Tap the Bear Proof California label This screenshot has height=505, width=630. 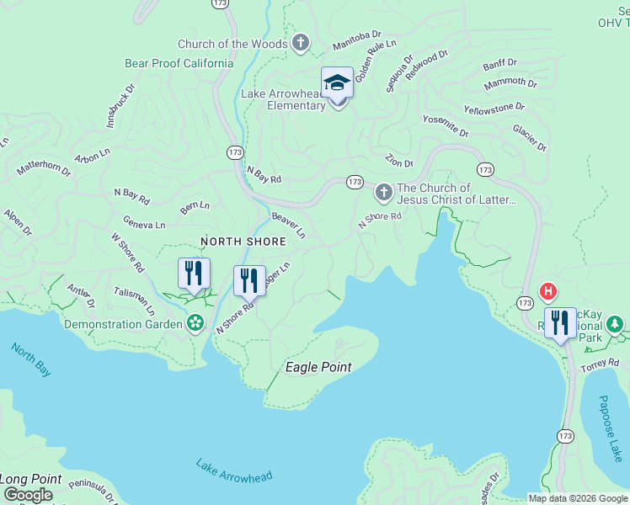(179, 63)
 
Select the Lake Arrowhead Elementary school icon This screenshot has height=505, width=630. (337, 83)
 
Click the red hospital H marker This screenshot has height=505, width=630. (548, 292)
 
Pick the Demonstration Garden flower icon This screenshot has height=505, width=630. (195, 323)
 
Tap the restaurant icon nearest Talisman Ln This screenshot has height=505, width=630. (194, 274)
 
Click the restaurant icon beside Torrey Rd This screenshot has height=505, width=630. (560, 322)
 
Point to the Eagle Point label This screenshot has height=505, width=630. (318, 367)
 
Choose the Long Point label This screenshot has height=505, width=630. (31, 479)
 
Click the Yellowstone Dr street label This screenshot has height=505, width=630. (494, 109)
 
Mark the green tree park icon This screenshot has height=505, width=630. (616, 324)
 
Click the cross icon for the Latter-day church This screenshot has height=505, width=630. (383, 194)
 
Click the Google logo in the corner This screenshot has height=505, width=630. (28, 496)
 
